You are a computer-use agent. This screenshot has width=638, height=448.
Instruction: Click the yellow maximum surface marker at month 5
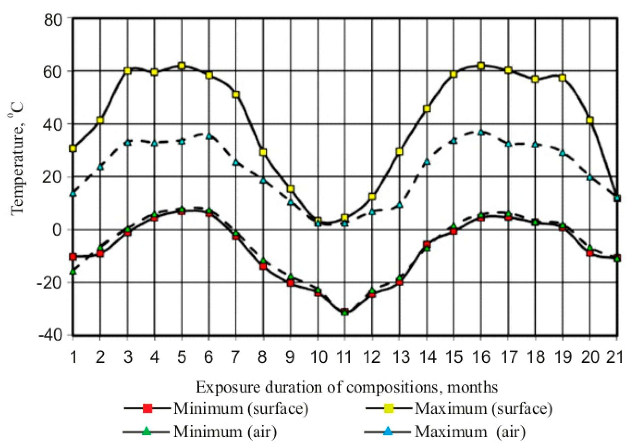click(x=182, y=66)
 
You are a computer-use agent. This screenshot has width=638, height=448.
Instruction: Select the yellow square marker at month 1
click(x=73, y=148)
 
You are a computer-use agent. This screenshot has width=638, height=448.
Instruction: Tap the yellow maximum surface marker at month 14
click(x=427, y=109)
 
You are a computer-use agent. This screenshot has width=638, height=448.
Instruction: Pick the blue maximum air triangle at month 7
click(x=236, y=163)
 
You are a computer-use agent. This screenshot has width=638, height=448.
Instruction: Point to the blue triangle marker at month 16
click(x=481, y=133)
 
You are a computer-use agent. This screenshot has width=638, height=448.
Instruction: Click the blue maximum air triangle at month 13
click(x=399, y=205)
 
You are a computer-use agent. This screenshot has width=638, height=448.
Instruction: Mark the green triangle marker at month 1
click(x=73, y=271)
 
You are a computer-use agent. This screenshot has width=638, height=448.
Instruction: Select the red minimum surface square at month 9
click(x=291, y=283)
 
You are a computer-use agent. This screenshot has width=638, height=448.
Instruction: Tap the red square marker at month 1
click(x=73, y=257)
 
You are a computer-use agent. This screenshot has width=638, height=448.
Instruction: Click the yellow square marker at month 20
click(x=590, y=120)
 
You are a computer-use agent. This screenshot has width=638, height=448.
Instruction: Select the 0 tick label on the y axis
click(x=57, y=230)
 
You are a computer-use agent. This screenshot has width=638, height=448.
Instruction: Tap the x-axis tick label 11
click(x=344, y=356)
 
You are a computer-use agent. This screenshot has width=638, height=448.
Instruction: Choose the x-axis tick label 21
click(x=615, y=356)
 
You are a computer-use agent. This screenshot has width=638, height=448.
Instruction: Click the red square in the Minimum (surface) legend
click(x=147, y=408)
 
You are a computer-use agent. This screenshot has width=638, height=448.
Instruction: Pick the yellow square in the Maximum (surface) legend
click(x=389, y=408)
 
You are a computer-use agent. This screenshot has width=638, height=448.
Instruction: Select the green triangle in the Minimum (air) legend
click(x=147, y=431)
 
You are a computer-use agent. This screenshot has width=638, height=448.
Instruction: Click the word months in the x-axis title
click(x=472, y=387)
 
